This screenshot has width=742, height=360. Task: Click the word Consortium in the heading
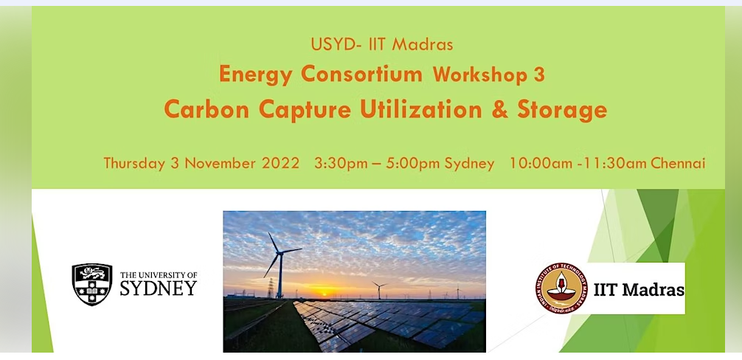click(x=361, y=75)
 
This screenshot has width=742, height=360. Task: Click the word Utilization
click(x=421, y=110)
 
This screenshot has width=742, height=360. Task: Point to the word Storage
click(x=562, y=111)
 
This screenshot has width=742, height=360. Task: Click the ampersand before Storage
click(x=500, y=110)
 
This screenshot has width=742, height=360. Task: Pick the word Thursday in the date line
click(x=134, y=164)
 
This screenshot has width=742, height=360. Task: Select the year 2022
click(x=281, y=163)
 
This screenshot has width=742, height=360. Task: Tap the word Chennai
click(x=678, y=164)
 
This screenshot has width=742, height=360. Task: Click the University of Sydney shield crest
click(x=91, y=284)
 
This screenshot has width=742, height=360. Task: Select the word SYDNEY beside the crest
click(x=159, y=288)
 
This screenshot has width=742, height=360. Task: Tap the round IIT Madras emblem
click(x=562, y=288)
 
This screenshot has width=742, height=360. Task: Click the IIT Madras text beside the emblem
click(x=639, y=289)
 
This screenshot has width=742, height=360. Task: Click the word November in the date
click(x=221, y=164)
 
